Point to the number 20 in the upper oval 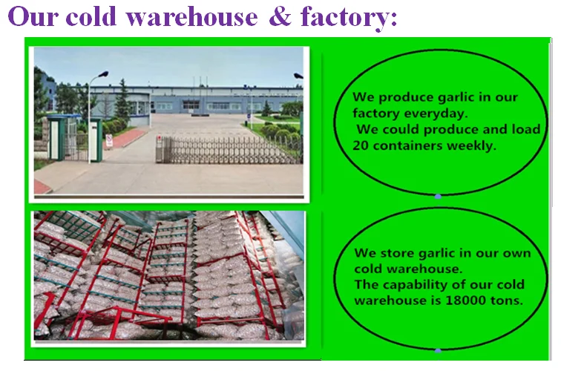tap(363, 145)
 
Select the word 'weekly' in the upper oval tap(470, 145)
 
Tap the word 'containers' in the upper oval tap(409, 145)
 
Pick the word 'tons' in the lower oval tap(508, 301)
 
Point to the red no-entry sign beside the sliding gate tap(109, 139)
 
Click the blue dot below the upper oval tap(438, 197)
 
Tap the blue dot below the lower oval tap(438, 349)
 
